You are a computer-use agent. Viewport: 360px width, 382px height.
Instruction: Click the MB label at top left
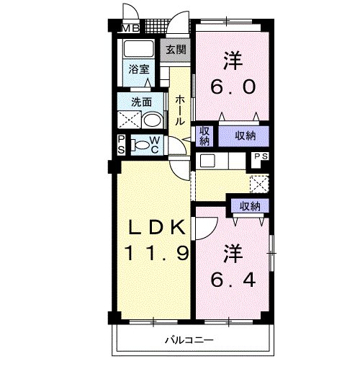130,29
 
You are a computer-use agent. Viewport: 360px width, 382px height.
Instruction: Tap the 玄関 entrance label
176,50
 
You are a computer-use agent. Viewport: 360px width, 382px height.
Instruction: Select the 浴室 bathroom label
139,69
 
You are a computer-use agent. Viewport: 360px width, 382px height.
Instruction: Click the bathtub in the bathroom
138,50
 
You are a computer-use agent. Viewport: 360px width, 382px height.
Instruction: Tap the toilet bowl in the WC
145,146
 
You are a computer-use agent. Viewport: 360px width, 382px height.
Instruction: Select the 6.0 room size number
233,87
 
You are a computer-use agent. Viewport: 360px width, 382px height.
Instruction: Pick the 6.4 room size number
232,279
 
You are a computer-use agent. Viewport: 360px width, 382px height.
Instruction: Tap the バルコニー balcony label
189,339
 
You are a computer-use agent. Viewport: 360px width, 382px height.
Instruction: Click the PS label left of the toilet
121,145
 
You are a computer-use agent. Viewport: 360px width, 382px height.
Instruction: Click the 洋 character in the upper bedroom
232,59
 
